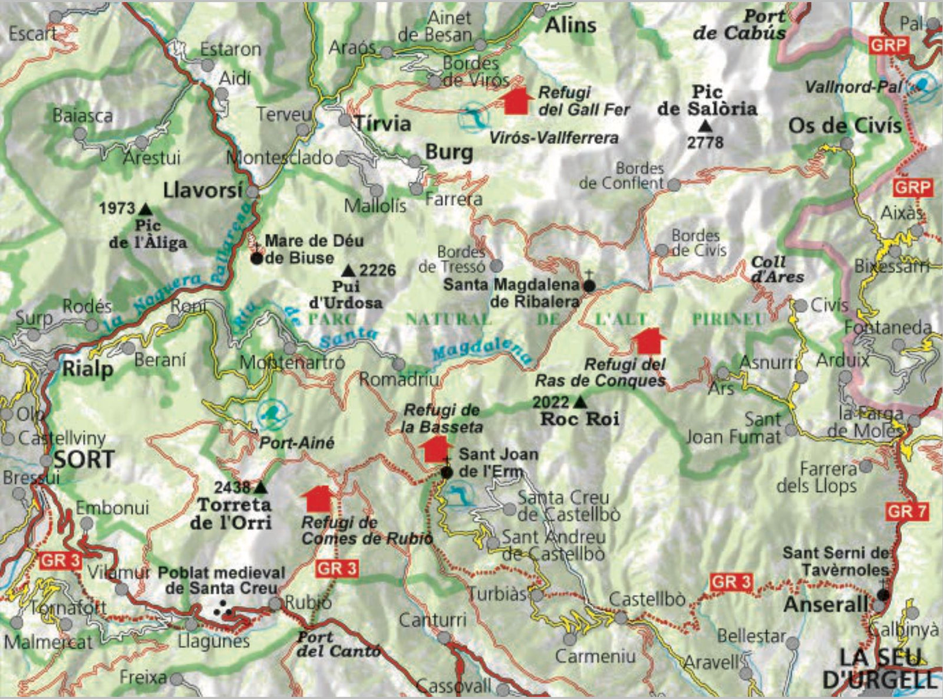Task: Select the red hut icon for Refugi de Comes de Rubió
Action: pos(319,499)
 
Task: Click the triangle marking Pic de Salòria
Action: pos(705,126)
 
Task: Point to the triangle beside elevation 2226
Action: pos(349,271)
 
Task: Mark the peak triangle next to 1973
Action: pos(145,208)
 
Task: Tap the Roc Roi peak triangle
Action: pos(580,402)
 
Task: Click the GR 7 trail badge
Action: pos(907,511)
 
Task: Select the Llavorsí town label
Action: pos(203,190)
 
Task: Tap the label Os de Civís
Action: pos(845,126)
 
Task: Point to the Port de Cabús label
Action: pos(739,25)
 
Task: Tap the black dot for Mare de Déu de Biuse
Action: pos(256,258)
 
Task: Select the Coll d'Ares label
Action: pos(777,269)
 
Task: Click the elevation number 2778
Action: pos(705,142)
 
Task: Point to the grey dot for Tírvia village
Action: pos(345,121)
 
